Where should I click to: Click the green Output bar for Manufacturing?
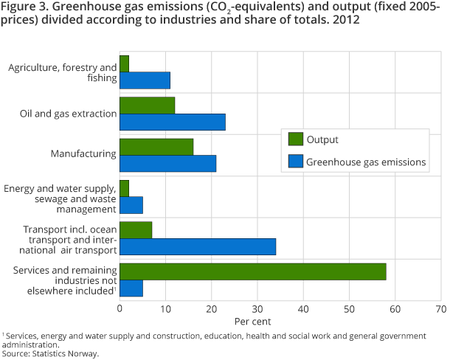(156, 147)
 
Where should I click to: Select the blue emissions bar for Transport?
(197, 246)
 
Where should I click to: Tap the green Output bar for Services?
(252, 271)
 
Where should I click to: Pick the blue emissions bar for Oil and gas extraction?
(172, 122)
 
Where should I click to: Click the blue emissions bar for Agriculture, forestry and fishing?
(145, 80)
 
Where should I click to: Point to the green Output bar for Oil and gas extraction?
(147, 105)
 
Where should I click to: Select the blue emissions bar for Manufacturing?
(167, 163)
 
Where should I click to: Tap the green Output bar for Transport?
(136, 229)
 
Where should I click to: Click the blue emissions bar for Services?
(131, 288)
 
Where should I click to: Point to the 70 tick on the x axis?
(441, 308)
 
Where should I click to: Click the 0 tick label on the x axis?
(120, 308)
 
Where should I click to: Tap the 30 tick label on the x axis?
(257, 308)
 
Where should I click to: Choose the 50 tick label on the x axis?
(349, 308)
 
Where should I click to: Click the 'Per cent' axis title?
(253, 322)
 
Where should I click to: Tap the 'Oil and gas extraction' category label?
(69, 114)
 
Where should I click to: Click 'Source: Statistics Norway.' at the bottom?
(50, 353)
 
